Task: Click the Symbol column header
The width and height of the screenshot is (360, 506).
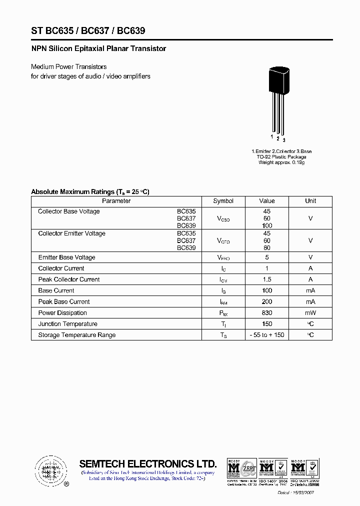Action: (x=223, y=201)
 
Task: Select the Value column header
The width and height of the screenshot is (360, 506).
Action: (x=267, y=201)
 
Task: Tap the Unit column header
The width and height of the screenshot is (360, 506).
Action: (x=310, y=201)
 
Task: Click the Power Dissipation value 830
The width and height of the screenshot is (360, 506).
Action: (x=267, y=313)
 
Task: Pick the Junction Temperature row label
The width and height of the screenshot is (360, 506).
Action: (x=67, y=324)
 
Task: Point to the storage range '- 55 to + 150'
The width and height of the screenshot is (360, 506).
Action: (x=267, y=335)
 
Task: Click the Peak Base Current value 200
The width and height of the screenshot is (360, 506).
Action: (x=267, y=302)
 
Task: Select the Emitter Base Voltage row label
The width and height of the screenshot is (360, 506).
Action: (x=66, y=257)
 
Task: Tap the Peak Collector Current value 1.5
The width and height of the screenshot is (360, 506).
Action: (x=267, y=279)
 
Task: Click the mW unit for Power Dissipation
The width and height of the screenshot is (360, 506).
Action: (x=310, y=313)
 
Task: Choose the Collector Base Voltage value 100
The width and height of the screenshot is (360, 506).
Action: (x=267, y=225)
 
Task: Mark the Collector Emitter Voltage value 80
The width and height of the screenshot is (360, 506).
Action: (x=267, y=247)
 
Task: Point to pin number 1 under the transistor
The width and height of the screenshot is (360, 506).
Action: (x=272, y=136)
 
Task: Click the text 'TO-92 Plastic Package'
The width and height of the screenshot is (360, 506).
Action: (x=281, y=157)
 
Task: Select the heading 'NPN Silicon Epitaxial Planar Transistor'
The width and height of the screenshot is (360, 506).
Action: (x=98, y=49)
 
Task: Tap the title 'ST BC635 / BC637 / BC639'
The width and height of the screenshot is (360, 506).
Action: (x=88, y=31)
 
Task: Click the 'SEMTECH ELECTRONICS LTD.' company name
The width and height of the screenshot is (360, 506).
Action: (x=148, y=463)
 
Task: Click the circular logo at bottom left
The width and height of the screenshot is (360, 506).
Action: (x=50, y=471)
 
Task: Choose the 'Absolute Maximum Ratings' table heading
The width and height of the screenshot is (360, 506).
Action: (x=90, y=191)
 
